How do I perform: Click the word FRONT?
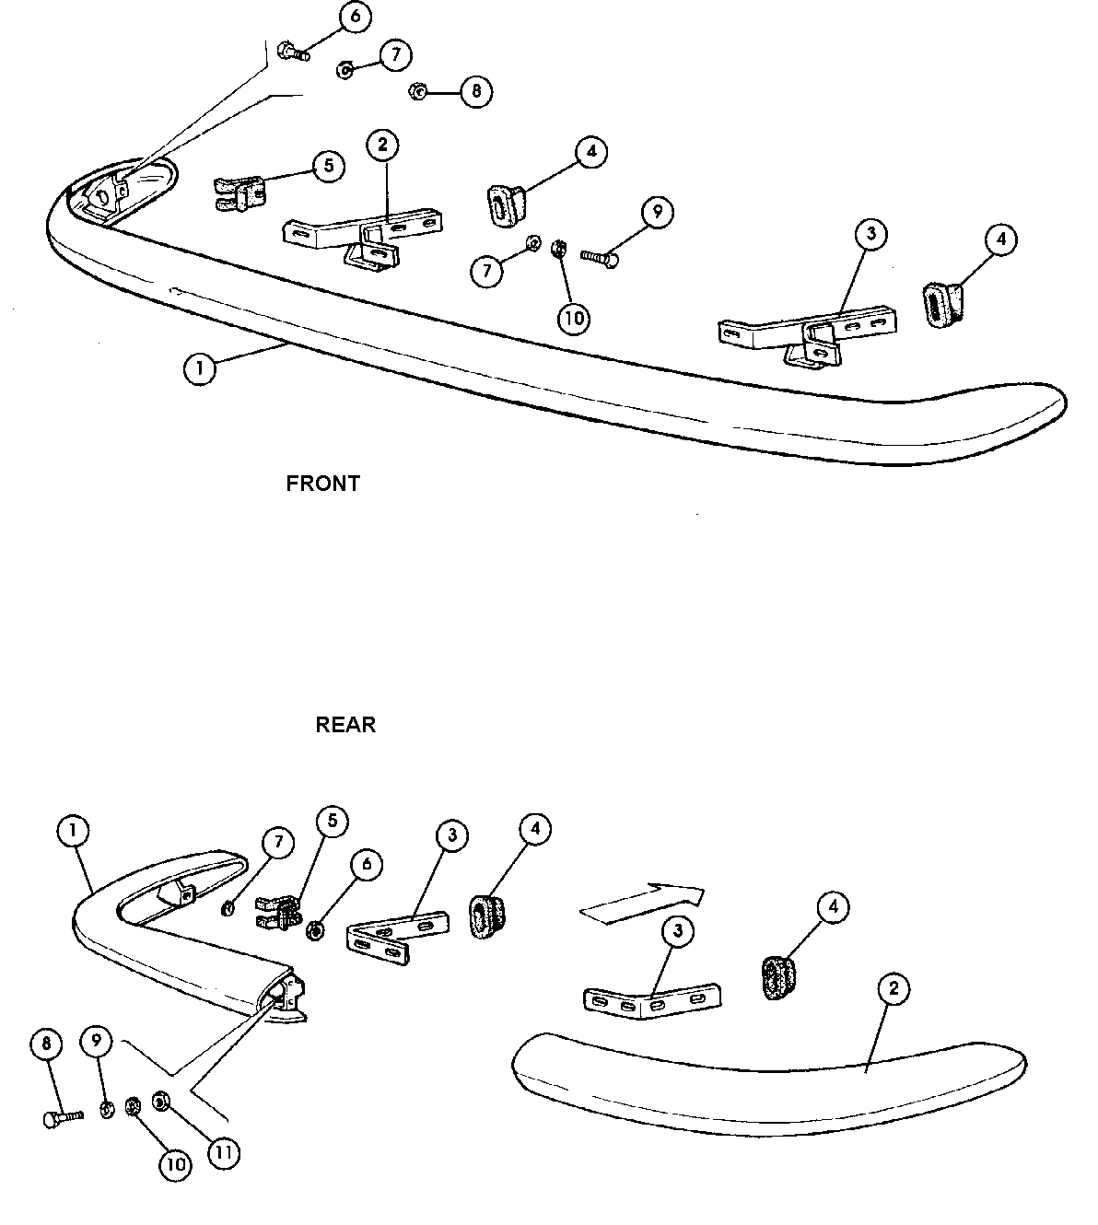click(322, 484)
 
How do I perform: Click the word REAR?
click(345, 725)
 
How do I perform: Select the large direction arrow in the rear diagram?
click(642, 900)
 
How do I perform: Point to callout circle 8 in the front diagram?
click(476, 91)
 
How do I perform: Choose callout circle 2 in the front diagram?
click(382, 145)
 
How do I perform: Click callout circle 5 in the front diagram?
click(328, 166)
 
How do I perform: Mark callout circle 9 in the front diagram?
click(657, 213)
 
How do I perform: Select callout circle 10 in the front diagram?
click(573, 318)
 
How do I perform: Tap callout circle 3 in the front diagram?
click(870, 234)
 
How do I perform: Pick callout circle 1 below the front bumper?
click(200, 369)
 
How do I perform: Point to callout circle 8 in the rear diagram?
click(46, 1044)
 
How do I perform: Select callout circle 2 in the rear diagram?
click(893, 990)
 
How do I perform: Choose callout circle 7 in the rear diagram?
click(278, 842)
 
